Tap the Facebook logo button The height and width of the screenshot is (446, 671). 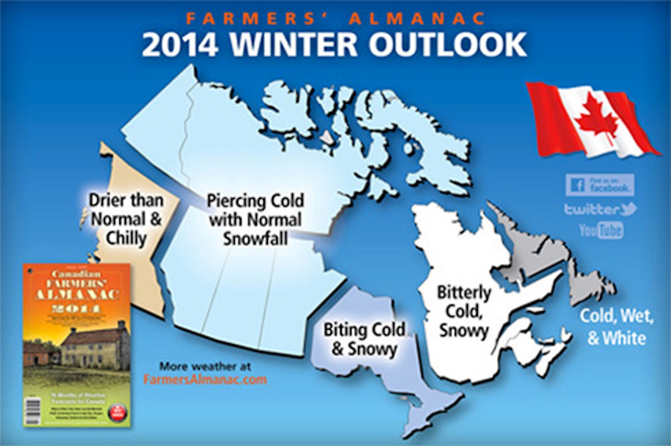coord(600,185)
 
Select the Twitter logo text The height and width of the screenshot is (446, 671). coord(600,209)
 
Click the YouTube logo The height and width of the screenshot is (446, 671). coord(601,230)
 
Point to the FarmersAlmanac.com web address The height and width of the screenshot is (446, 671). coord(205,379)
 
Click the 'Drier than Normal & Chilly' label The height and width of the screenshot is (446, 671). coord(126,219)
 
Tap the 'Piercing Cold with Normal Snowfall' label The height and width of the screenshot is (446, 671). coord(255,219)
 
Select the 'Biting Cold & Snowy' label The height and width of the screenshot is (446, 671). coord(364,339)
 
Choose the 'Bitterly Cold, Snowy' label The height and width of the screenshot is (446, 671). coord(463,311)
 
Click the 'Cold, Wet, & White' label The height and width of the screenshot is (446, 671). coord(616,327)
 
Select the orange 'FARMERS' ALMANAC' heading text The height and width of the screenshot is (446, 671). coord(335,18)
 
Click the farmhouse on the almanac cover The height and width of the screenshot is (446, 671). coord(91,343)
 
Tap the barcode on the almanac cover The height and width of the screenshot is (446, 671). coord(33,411)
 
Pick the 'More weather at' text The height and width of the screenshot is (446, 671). coord(205,366)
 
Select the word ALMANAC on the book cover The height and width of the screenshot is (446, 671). coord(77,293)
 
